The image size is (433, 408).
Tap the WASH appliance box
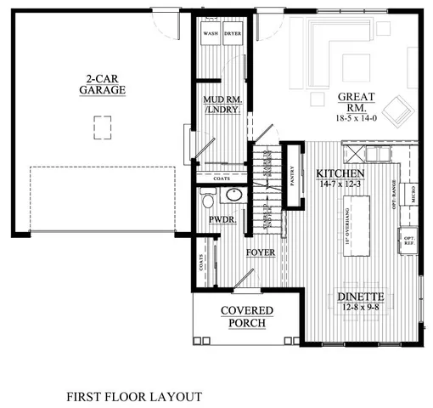[x=209, y=37]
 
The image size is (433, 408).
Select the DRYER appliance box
[x=231, y=37]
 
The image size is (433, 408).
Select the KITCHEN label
[x=336, y=172]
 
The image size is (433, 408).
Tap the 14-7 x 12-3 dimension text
[x=336, y=183]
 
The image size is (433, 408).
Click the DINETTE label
[x=362, y=297]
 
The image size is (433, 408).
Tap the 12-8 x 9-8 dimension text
[x=362, y=309]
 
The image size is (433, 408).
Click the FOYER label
[x=259, y=253]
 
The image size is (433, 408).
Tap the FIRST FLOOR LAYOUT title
[x=134, y=396]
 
